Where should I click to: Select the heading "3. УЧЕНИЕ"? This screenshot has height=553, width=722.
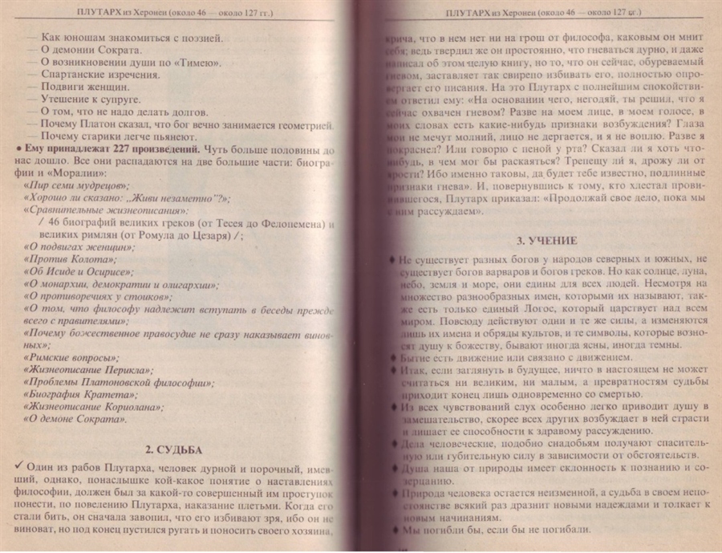coord(545,239)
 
